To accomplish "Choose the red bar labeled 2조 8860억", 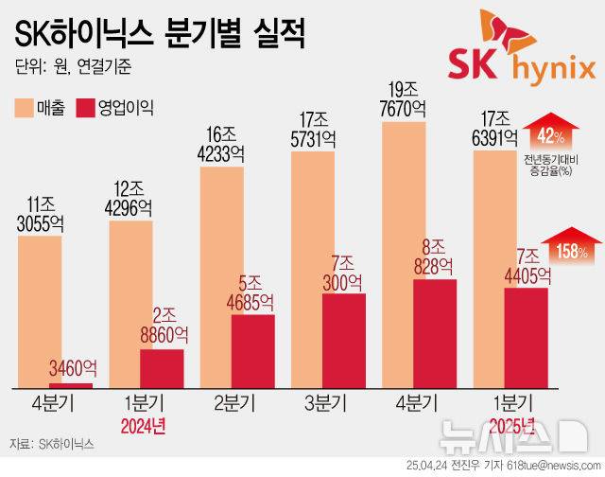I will click(x=163, y=369).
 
